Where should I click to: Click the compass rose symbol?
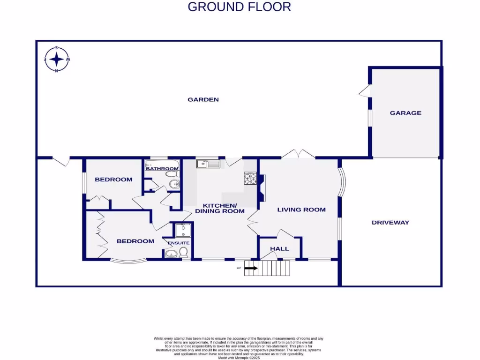pyautogui.click(x=57, y=60)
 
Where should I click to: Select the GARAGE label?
pyautogui.click(x=405, y=113)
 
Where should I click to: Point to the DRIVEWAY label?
pyautogui.click(x=390, y=223)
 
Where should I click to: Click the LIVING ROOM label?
pyautogui.click(x=301, y=210)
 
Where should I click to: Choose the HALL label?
pyautogui.click(x=279, y=249)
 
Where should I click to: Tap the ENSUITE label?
pyautogui.click(x=179, y=243)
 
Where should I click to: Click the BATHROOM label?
pyautogui.click(x=162, y=169)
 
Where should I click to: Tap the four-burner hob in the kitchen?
pyautogui.click(x=249, y=178)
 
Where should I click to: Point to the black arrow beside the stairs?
pyautogui.click(x=251, y=269)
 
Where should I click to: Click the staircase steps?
pyautogui.click(x=274, y=269)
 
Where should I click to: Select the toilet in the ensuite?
pyautogui.click(x=183, y=253)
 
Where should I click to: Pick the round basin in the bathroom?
pyautogui.click(x=175, y=184)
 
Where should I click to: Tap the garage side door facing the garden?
pyautogui.click(x=365, y=91)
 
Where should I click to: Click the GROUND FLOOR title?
pyautogui.click(x=239, y=7)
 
